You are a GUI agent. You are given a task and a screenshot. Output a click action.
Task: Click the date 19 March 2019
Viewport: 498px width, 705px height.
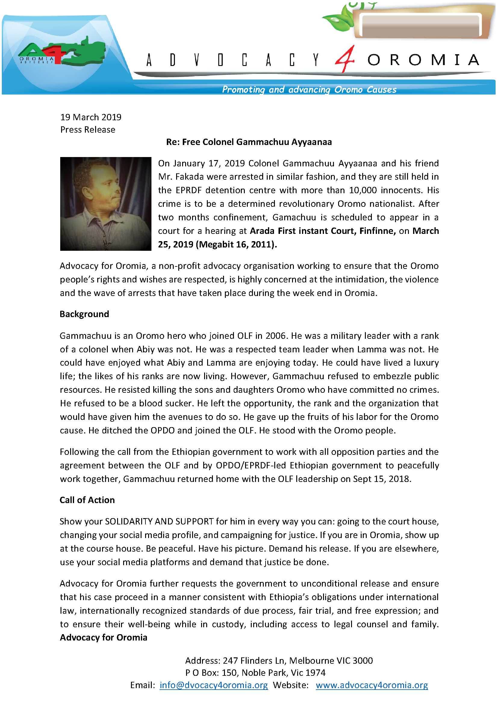coord(91,117)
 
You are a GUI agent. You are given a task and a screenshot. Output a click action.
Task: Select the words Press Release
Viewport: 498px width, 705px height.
coord(88,130)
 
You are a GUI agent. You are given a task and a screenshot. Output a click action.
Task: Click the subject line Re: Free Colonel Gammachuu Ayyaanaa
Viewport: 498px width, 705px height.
coord(249,142)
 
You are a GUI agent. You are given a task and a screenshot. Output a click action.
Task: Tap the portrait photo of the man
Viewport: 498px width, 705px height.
coord(105,204)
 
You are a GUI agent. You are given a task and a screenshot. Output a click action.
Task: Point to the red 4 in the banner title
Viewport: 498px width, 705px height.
coord(345,59)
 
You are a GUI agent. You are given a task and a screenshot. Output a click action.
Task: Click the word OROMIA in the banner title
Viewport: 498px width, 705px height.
coord(423,60)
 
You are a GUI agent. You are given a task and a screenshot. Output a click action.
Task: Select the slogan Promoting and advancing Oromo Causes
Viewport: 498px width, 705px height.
coord(309,90)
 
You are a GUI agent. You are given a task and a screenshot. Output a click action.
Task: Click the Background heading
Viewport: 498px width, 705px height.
coord(84,314)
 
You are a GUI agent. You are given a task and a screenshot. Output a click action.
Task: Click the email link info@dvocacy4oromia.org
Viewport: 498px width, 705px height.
coord(214,685)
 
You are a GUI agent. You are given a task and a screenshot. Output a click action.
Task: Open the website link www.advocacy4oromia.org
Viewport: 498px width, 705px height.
coord(372,685)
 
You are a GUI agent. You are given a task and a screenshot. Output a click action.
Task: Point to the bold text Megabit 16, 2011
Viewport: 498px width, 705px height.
coord(236,244)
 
